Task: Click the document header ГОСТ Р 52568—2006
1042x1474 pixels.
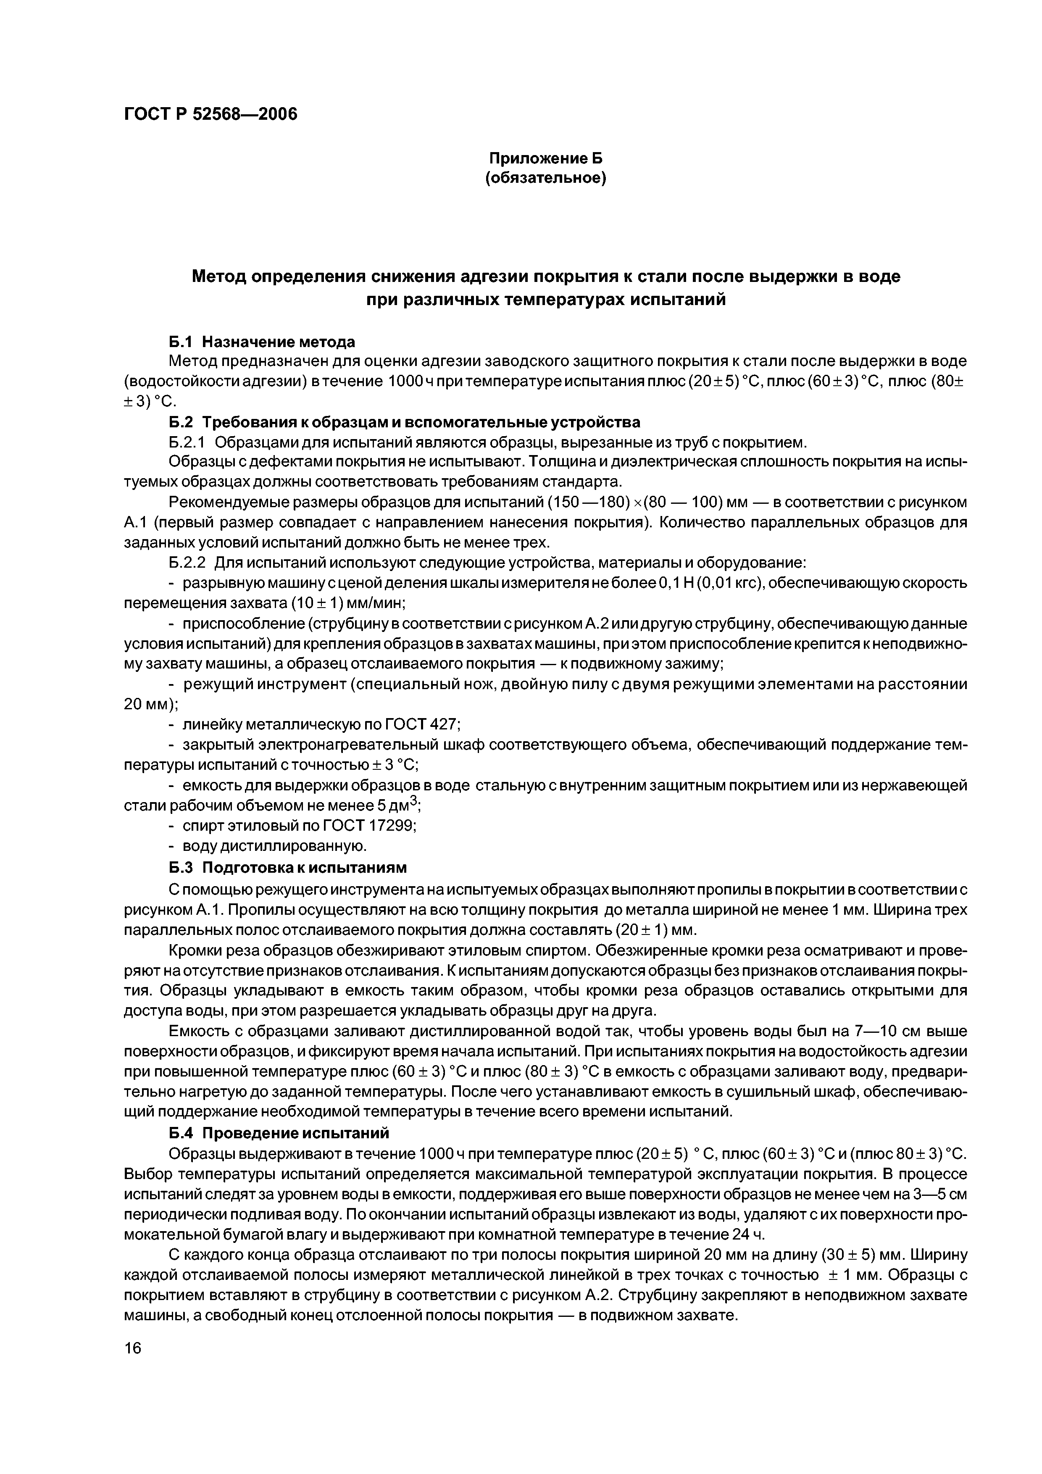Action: (211, 114)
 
